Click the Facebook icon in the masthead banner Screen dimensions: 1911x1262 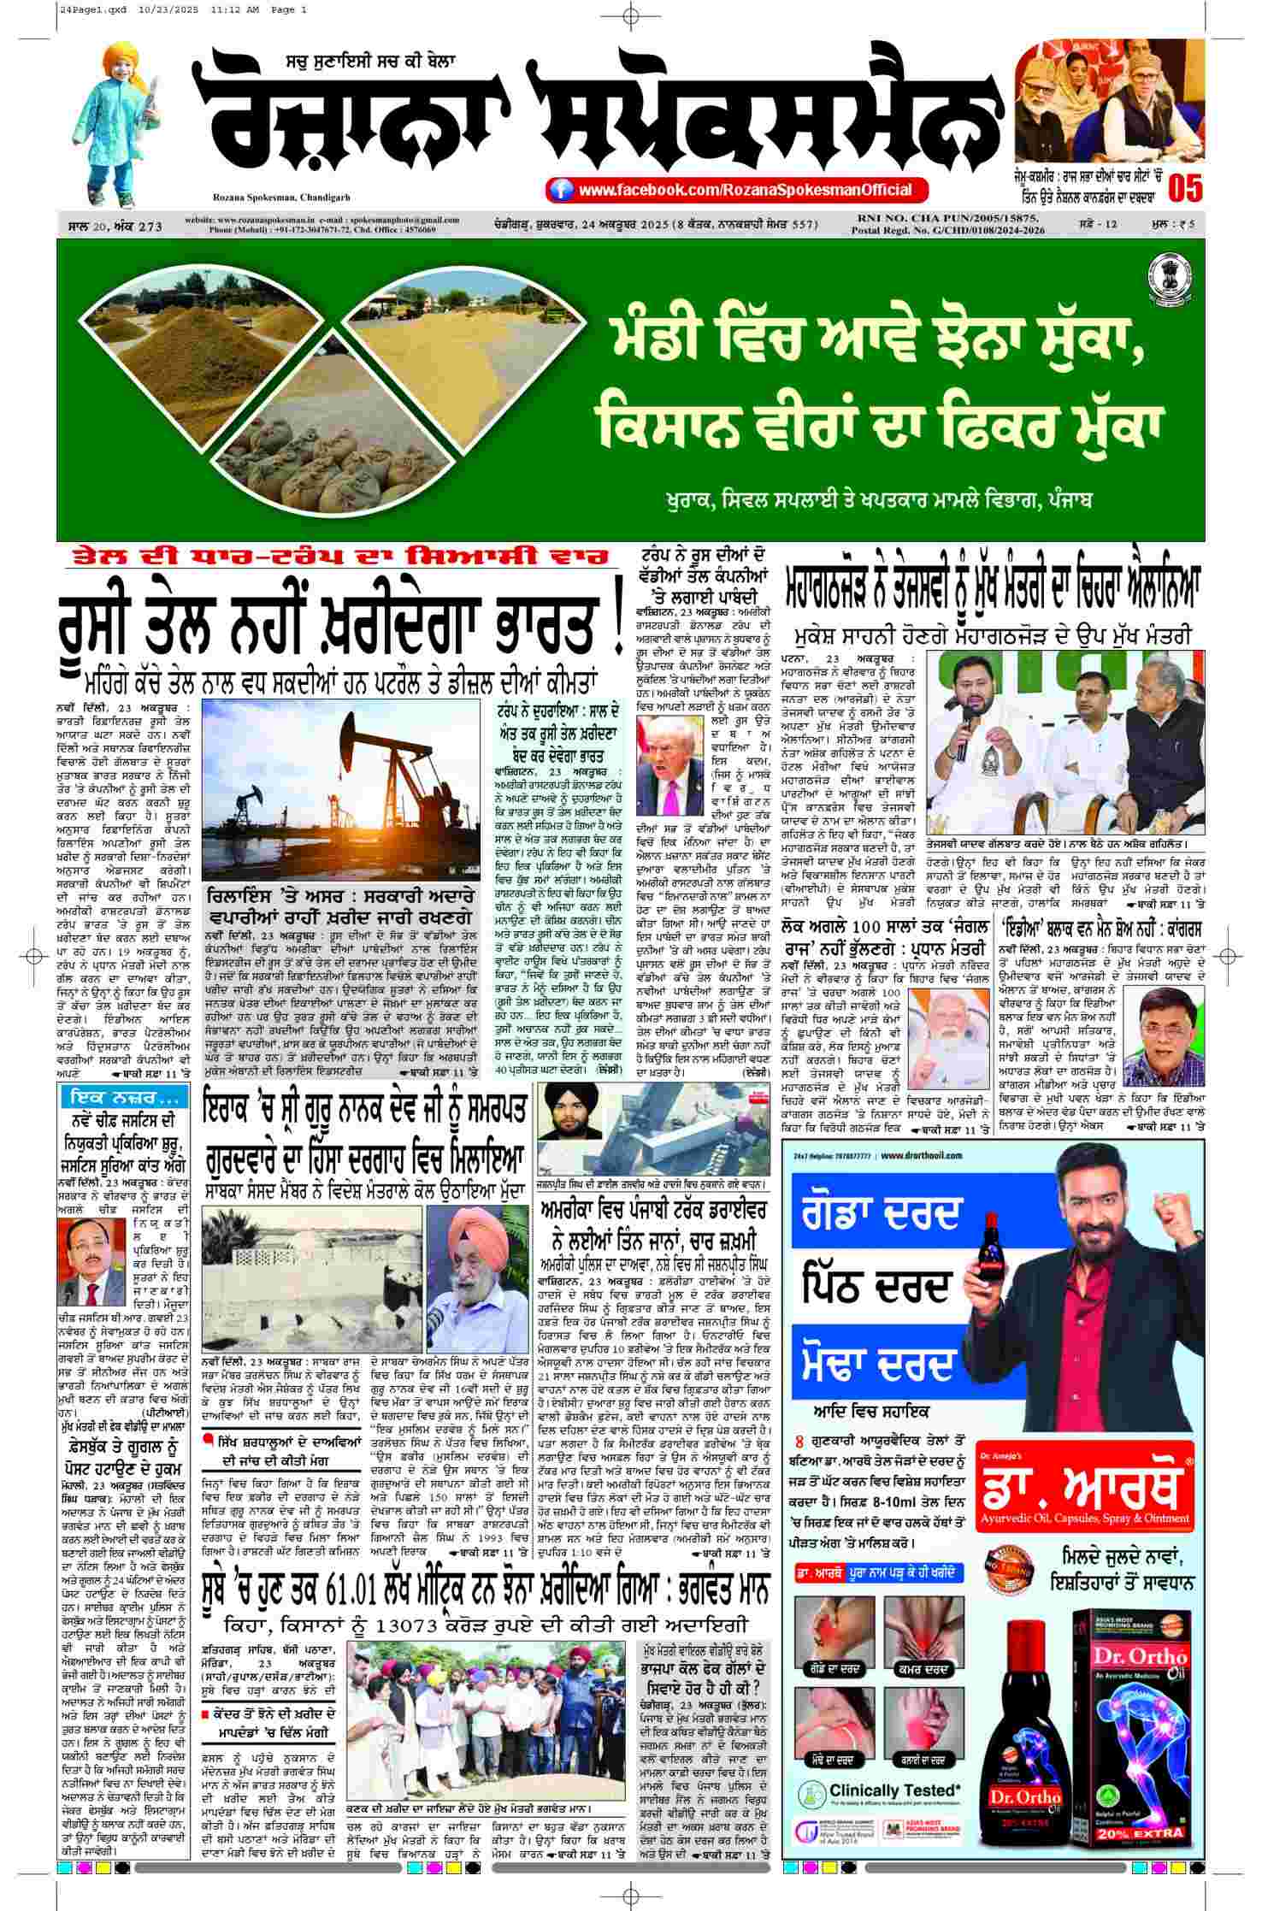point(561,190)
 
